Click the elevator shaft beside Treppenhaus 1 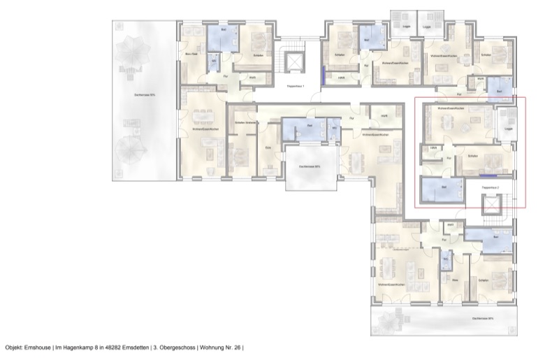[x=295, y=62]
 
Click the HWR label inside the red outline [x=433, y=148]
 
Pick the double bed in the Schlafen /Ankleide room [x=239, y=150]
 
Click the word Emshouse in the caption [x=36, y=347]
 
